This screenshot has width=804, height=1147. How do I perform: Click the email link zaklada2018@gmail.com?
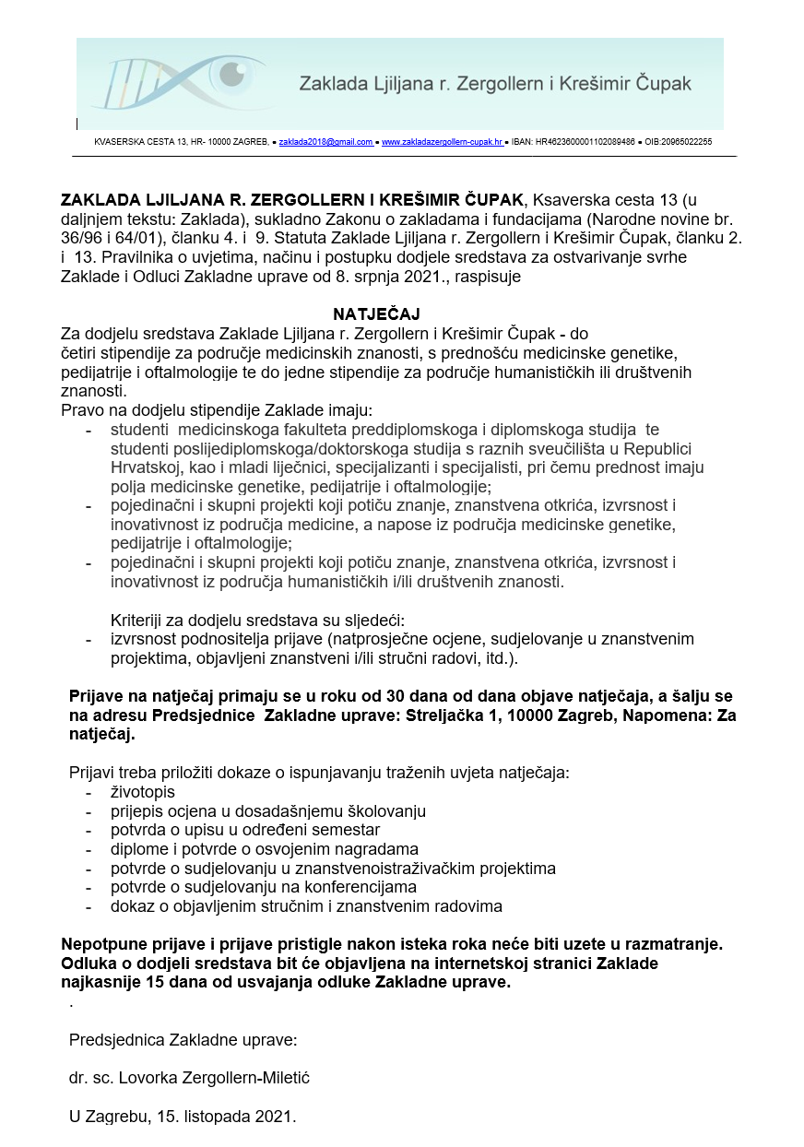[x=325, y=142]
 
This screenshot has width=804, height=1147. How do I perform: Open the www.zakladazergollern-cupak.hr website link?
[x=442, y=142]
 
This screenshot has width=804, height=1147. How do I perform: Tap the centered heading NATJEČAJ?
[x=370, y=314]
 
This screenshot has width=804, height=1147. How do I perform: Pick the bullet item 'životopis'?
[x=142, y=792]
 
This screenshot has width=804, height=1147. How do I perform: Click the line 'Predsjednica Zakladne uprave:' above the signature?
[x=183, y=1039]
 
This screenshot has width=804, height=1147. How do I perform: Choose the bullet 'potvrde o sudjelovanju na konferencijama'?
[x=263, y=887]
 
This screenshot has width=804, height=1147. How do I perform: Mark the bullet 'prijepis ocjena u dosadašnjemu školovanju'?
[x=267, y=811]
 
